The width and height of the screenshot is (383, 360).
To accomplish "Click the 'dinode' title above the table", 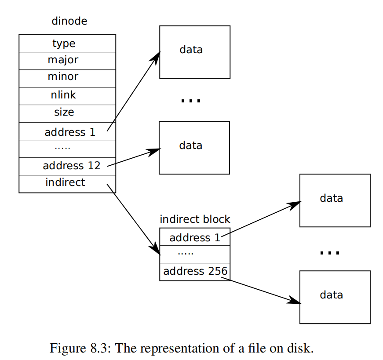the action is coord(69,21).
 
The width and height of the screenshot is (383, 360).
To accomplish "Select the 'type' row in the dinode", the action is coord(67,44).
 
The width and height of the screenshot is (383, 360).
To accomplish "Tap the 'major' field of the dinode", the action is coord(67,61).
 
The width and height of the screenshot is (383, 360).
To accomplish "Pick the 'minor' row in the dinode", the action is coord(67,78).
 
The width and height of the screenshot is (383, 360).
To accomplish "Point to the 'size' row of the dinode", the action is coord(67,113).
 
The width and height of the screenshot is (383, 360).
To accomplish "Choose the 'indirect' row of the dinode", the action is coord(67,184).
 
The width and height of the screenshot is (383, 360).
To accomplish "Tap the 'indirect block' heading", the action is coord(195,219).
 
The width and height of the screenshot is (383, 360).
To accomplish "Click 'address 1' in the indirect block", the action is coord(195,237).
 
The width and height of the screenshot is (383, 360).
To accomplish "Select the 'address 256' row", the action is coord(195,272).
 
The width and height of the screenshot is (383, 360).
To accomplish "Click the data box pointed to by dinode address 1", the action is coord(195,52).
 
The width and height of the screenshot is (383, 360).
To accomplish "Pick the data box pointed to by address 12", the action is coord(194,148).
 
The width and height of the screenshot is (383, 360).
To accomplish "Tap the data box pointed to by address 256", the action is coord(335,297).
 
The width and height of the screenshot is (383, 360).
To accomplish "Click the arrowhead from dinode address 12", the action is coord(154,151).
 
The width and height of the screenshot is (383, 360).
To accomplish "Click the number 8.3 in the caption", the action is coord(98,348).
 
